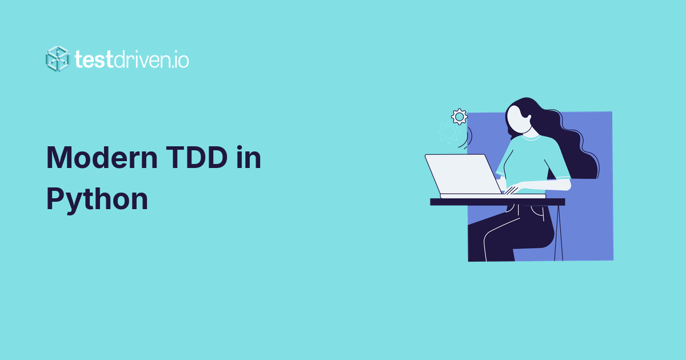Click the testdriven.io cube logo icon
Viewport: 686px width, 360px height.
(58, 58)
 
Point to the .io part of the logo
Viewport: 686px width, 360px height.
(180, 59)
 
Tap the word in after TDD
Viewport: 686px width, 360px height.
(249, 158)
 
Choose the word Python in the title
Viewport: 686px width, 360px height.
(97, 199)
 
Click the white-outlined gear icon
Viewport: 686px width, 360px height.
(459, 117)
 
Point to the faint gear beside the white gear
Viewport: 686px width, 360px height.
(448, 133)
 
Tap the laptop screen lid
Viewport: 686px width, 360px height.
(463, 174)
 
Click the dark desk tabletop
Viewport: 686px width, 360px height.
(497, 202)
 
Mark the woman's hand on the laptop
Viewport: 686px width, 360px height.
(512, 189)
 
